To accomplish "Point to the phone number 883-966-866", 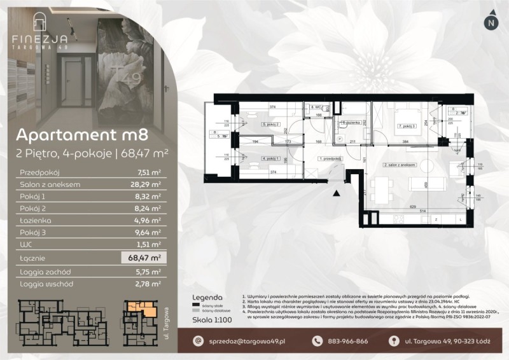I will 346,341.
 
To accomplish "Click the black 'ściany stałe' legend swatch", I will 195,306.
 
